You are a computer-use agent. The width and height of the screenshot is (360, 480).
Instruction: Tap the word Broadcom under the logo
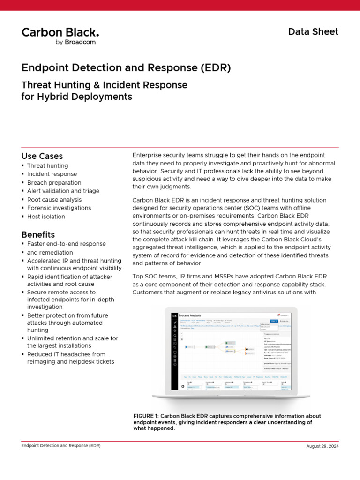tap(79, 42)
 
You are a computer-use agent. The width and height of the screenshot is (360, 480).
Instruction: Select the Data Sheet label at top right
tap(313, 31)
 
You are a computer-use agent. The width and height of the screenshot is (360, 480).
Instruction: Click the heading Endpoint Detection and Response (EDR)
tap(126, 67)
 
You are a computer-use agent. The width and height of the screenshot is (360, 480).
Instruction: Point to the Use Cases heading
tap(42, 156)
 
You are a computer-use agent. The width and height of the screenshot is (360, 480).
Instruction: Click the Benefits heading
tap(38, 234)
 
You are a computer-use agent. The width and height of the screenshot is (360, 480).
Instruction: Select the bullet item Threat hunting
tap(47, 166)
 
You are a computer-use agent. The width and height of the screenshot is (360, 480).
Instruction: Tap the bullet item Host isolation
tap(46, 217)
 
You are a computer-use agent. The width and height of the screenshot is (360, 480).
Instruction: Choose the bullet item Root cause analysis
tap(54, 200)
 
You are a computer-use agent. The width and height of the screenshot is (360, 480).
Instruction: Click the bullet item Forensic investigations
tap(59, 208)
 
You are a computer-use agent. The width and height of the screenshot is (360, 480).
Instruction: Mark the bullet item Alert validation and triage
tap(63, 191)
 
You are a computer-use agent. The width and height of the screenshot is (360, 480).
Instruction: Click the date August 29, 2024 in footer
tap(322, 446)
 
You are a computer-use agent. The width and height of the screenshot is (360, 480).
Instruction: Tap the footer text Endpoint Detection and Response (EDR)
tap(61, 445)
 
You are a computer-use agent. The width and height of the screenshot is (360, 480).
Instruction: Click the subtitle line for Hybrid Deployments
tap(77, 97)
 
